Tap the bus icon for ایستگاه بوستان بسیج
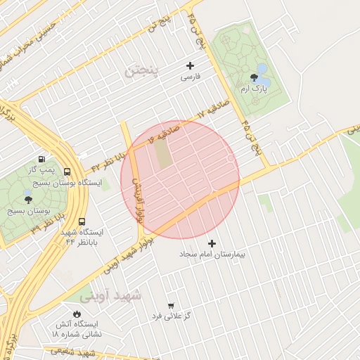(x=67, y=172)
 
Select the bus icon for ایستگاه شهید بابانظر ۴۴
(x=83, y=221)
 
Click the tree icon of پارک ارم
(x=253, y=77)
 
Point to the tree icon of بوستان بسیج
(x=28, y=200)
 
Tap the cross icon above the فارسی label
(x=190, y=65)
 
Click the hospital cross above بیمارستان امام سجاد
(x=212, y=243)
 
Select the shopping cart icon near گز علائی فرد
(x=171, y=306)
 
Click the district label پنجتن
(x=143, y=70)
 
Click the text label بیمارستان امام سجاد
(x=212, y=253)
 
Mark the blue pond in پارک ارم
(x=262, y=70)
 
